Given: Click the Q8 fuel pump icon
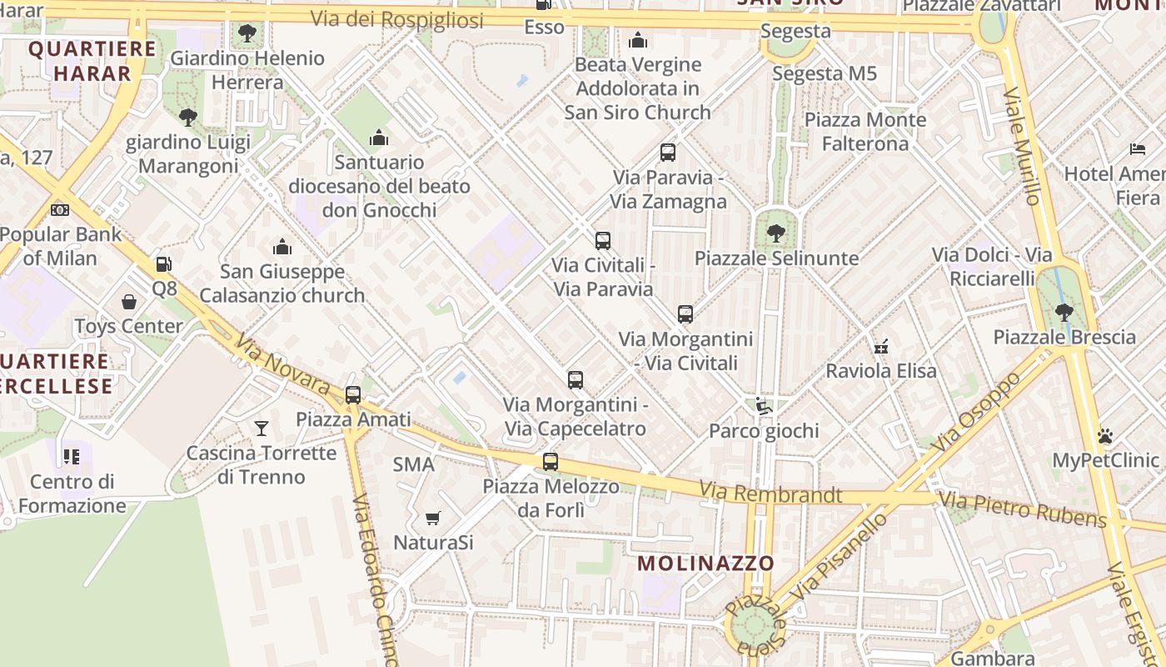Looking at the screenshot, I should coord(164,265).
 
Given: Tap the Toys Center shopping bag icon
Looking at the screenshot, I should coord(129,302).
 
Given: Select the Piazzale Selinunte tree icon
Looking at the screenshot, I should coord(776,233).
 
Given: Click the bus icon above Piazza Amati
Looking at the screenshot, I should coord(353,394).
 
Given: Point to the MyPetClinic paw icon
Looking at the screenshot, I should coord(1105,436).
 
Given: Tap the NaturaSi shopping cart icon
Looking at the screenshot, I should coord(432,519).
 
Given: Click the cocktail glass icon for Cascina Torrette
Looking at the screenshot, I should coord(262,429).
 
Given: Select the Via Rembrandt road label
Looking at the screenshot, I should coord(770,494).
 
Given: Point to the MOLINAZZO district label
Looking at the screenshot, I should coord(706,564).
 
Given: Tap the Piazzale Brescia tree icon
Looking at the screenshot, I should coord(1064,313).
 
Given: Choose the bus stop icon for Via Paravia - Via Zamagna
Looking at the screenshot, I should coord(668,153).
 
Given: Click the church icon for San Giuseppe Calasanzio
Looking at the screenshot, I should coord(282,248).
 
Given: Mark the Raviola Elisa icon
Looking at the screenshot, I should coord(880,346).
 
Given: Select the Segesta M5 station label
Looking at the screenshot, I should coord(825,73).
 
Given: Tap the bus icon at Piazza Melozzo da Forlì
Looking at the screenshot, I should coord(551,461).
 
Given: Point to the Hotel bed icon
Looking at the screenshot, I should coord(1138,150).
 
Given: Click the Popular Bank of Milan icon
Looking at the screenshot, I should coord(60,210).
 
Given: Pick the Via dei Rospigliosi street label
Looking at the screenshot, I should coord(396,19).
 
